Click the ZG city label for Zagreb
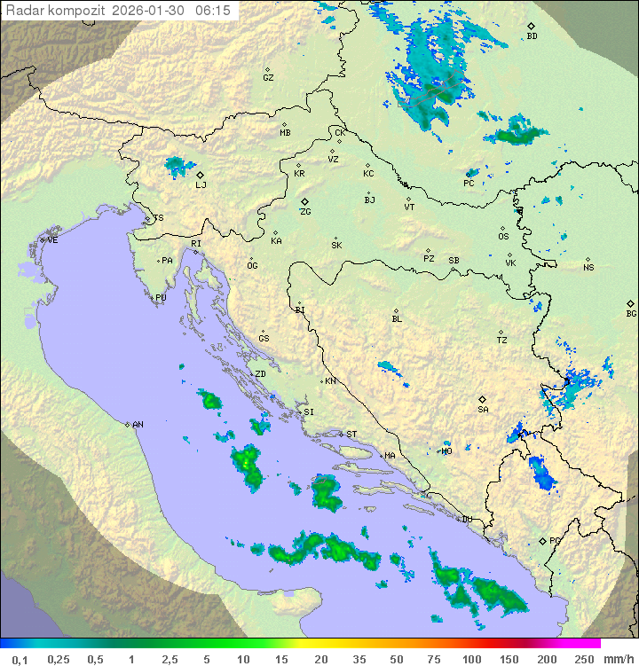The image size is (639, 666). pos(305,212)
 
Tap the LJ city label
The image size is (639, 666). pos(201,184)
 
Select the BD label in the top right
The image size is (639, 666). pos(532,36)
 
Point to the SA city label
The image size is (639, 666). pos(483,409)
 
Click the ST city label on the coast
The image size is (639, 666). pos(351,434)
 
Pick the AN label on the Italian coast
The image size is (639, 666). pos(138,425)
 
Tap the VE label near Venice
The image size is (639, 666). pos(52,240)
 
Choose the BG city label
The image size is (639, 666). pos(631,313)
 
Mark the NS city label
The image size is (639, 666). pos(588,268)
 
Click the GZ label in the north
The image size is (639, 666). pos(268,77)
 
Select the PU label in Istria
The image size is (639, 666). pos(161,298)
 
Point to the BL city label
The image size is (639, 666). pos(397,318)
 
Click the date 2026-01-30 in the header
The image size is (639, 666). pos(150,10)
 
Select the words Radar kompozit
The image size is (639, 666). pos(55,10)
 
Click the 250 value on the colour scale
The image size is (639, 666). pos(584,659)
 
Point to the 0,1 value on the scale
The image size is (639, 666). pos(20,659)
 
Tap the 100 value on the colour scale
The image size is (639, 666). pos(471,659)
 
